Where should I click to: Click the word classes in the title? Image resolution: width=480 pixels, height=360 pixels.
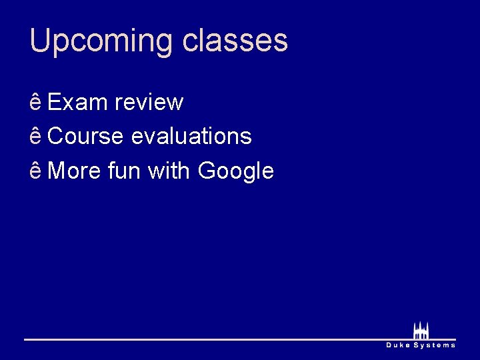235,41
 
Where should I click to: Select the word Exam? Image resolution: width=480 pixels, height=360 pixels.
78,103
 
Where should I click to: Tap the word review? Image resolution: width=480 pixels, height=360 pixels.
149,103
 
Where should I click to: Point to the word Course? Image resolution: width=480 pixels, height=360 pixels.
86,137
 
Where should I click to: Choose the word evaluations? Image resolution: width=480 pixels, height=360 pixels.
191,137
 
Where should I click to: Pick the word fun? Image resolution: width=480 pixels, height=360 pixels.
124,171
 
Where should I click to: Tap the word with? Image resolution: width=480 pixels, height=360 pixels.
169,171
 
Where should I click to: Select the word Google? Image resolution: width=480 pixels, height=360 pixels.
236,172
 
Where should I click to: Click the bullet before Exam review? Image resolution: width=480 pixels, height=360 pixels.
36,103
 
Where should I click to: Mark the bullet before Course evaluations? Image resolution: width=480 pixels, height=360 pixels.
36,137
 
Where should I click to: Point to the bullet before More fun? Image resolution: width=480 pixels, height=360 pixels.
36,171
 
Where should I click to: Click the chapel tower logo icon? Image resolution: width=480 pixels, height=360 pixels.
421,331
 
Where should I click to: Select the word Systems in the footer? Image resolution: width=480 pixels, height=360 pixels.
435,345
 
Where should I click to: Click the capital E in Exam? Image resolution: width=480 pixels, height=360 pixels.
55,103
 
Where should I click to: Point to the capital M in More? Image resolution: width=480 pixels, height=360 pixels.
57,171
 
